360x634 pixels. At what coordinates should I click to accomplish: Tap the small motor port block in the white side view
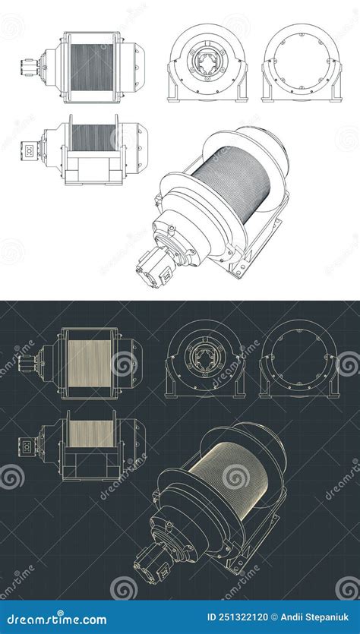tap(28, 150)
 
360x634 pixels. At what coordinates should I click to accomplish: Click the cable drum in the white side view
tap(92, 137)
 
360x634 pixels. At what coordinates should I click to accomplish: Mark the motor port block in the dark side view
tap(28, 446)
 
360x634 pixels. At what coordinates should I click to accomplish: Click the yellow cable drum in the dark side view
tap(91, 434)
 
